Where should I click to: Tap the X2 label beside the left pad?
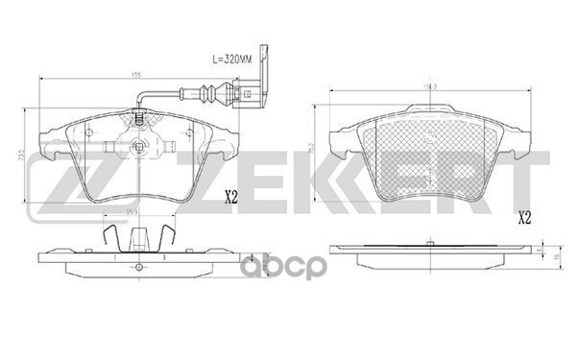click(230, 199)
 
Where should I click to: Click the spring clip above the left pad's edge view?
click(138, 234)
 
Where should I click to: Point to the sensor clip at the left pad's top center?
click(139, 120)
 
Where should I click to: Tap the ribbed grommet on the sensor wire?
click(204, 94)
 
